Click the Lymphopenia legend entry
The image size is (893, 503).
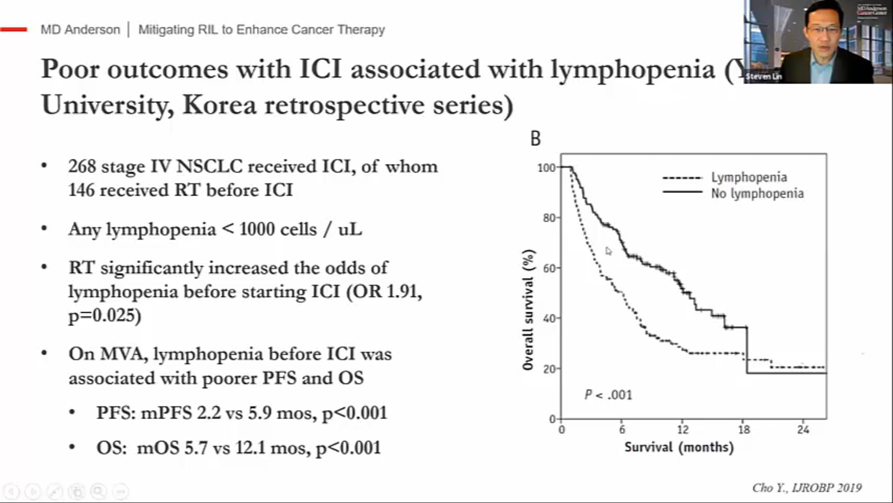[x=748, y=177]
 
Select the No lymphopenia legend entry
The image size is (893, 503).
[x=757, y=194]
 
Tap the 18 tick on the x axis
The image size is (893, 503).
[x=744, y=429]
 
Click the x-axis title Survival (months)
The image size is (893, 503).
[x=679, y=448]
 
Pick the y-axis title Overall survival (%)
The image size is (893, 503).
[x=527, y=310]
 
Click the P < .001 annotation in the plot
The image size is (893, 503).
[x=608, y=395]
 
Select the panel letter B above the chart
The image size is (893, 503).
[x=535, y=139]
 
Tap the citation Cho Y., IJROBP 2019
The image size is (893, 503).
[x=806, y=488]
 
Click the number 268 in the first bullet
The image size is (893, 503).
[x=82, y=167]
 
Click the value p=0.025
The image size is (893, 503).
[x=105, y=316]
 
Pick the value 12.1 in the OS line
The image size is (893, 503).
[x=250, y=448]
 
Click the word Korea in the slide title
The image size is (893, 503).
[x=219, y=105]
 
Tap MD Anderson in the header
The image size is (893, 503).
[x=80, y=30]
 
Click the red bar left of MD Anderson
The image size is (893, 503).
[x=14, y=29]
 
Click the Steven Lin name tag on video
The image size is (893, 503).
[x=763, y=76]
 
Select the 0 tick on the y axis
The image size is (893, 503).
[x=552, y=419]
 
